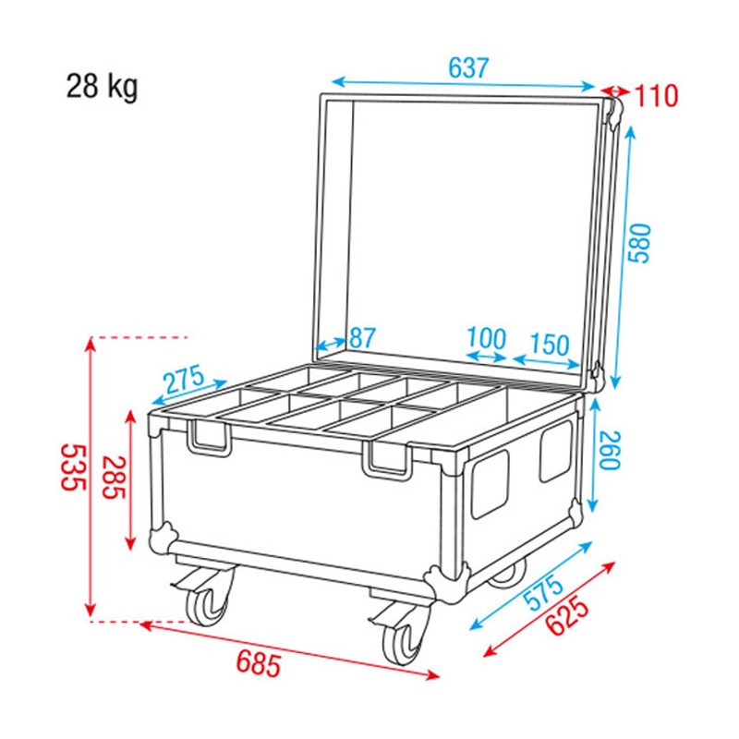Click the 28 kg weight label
(x=102, y=88)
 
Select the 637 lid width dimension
(x=468, y=68)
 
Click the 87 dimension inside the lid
(x=362, y=338)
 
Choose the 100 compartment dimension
(x=486, y=338)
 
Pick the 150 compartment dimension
(x=550, y=345)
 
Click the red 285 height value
(x=114, y=479)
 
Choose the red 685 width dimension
(x=259, y=661)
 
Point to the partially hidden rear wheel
(x=506, y=576)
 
